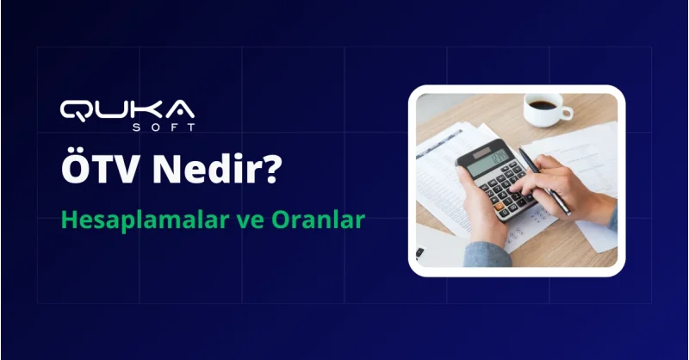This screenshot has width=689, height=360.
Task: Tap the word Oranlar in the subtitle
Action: pos(324,220)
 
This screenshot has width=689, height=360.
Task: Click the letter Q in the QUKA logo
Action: pos(75,109)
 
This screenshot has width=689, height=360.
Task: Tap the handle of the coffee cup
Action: pos(566,112)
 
